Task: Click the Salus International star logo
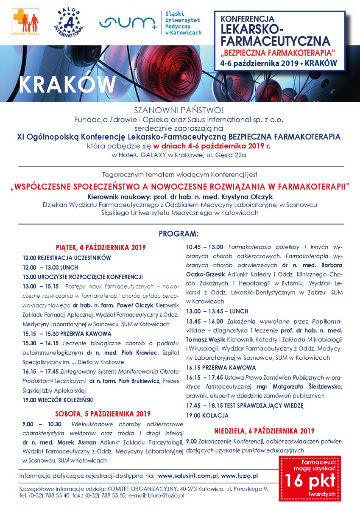coord(69,22)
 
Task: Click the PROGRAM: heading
coord(178,234)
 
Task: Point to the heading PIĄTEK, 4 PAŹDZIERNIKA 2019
coord(100,247)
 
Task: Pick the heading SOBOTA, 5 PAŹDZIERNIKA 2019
coord(103,414)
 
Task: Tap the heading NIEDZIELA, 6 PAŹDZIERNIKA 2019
coord(264,431)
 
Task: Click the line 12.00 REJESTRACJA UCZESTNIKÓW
coord(67,257)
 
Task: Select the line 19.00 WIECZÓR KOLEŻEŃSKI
coord(58,400)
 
